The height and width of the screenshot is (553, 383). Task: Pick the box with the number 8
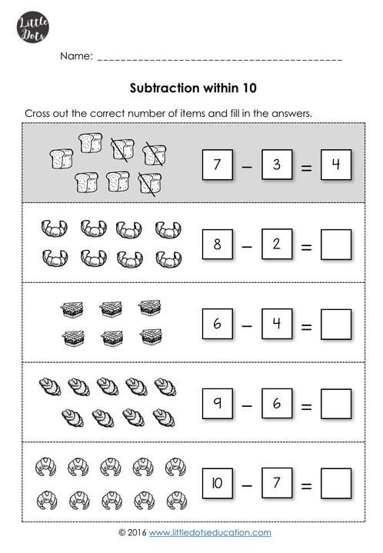click(217, 245)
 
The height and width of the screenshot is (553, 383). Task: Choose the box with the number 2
click(276, 245)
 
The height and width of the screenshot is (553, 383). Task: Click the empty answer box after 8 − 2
click(335, 246)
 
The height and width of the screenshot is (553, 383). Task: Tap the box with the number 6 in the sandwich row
click(217, 324)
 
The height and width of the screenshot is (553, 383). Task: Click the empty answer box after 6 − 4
click(335, 325)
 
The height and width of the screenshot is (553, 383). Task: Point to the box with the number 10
click(217, 484)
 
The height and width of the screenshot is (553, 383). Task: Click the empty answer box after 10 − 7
click(335, 485)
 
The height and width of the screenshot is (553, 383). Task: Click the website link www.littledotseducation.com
click(210, 532)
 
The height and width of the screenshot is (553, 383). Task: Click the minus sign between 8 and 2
click(246, 247)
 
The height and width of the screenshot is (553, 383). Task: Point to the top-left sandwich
click(71, 310)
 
